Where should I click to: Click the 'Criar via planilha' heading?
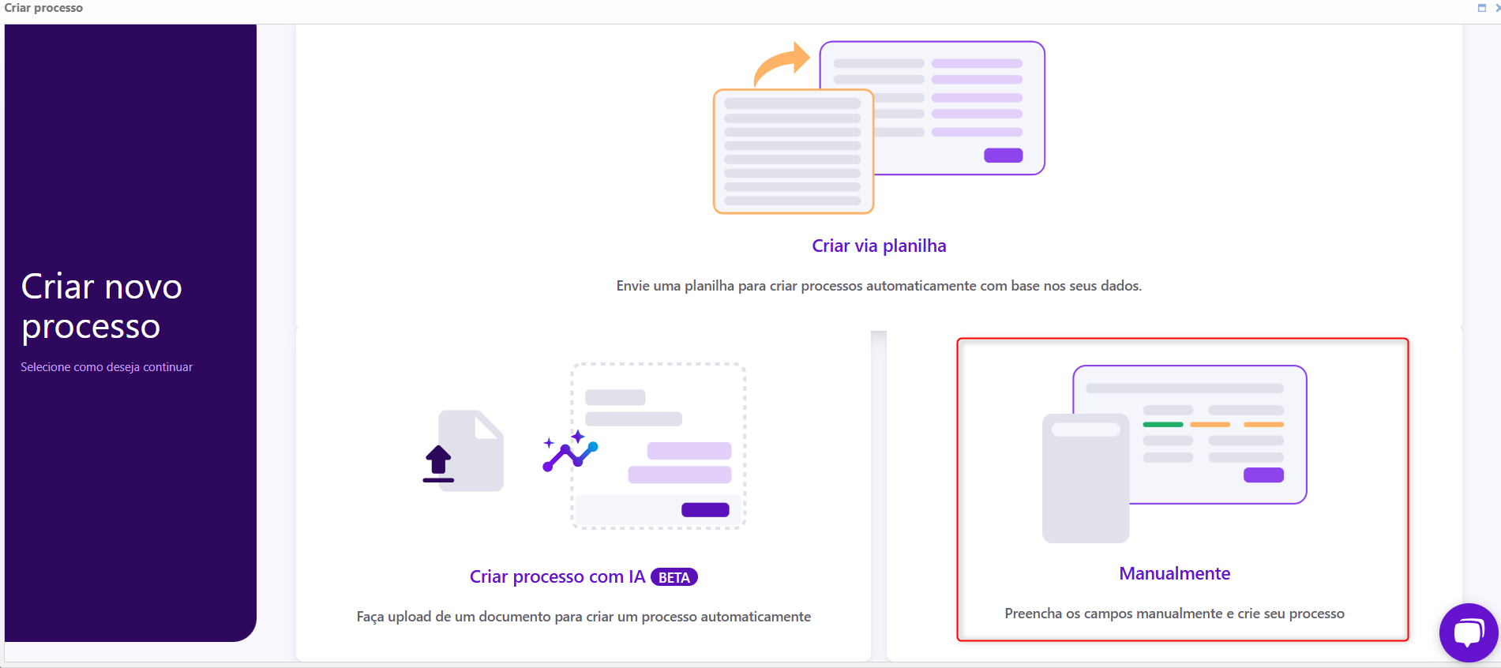pyautogui.click(x=879, y=246)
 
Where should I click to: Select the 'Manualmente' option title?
pyautogui.click(x=1174, y=573)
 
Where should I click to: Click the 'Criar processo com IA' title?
pyautogui.click(x=557, y=577)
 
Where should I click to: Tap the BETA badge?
pyautogui.click(x=674, y=577)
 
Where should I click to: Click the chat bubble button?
pyautogui.click(x=1469, y=632)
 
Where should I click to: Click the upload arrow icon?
pyautogui.click(x=438, y=463)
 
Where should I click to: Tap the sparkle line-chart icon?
pyautogui.click(x=570, y=451)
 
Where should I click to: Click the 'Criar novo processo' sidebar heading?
pyautogui.click(x=102, y=306)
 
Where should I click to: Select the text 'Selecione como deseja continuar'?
pyautogui.click(x=107, y=367)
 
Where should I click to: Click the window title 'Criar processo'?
pyautogui.click(x=43, y=8)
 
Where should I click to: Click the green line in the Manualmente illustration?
pyautogui.click(x=1163, y=425)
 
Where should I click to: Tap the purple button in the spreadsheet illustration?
pyautogui.click(x=1004, y=156)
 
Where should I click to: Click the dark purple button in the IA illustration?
pyautogui.click(x=705, y=510)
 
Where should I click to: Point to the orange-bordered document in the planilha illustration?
pyautogui.click(x=794, y=151)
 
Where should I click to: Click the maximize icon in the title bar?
pyautogui.click(x=1482, y=8)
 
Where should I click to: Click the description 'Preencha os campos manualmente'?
pyautogui.click(x=1113, y=614)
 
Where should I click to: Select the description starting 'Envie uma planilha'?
pyautogui.click(x=879, y=286)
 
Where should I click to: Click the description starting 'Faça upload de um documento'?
pyautogui.click(x=584, y=617)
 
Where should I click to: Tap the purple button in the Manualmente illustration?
pyautogui.click(x=1263, y=475)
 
